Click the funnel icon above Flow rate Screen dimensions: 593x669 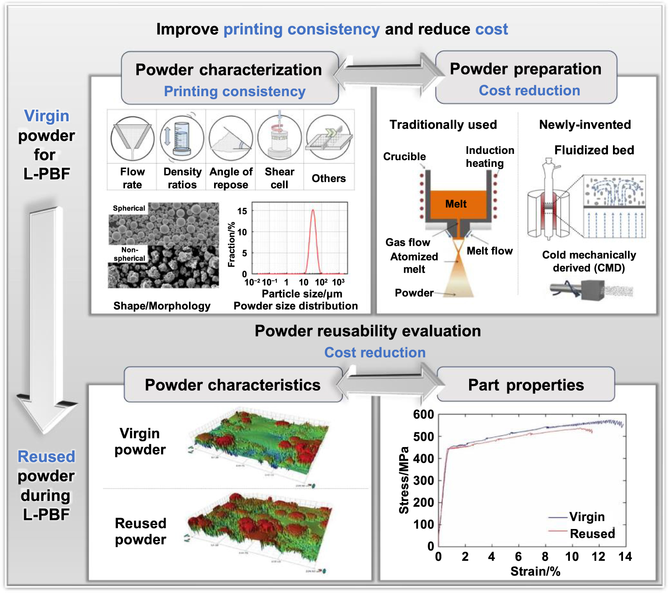132,138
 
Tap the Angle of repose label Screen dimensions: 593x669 231,178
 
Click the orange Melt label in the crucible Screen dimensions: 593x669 456,204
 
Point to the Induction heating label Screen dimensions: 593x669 490,156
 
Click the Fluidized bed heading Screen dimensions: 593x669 594,150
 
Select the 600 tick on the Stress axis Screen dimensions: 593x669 424,414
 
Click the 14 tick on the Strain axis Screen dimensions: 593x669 625,557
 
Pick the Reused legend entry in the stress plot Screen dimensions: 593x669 592,534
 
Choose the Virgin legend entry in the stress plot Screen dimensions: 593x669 587,517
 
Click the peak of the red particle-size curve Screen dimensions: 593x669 313,210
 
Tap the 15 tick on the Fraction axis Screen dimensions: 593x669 242,211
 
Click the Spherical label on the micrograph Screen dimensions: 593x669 129,208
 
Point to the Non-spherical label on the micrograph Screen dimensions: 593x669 129,254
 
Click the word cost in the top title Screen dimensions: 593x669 492,29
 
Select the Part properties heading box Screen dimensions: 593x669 526,385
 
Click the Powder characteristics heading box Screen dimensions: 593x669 233,385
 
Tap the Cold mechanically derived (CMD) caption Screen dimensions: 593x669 589,261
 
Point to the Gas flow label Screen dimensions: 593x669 408,243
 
